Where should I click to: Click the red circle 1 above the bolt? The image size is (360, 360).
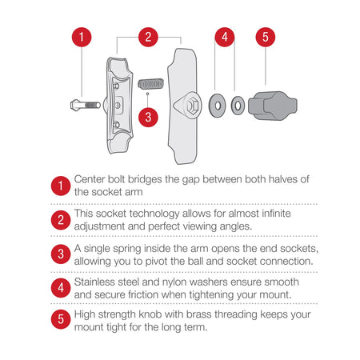(82, 37)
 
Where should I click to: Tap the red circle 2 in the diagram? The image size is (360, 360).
(148, 37)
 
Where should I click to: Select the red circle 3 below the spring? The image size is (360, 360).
(148, 117)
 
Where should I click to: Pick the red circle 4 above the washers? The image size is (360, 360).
(225, 37)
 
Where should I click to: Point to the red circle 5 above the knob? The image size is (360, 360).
(266, 37)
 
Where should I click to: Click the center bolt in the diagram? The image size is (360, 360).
(86, 105)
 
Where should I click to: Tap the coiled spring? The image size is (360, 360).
(150, 84)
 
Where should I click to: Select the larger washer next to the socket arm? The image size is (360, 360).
(217, 106)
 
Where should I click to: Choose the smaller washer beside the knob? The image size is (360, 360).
(238, 106)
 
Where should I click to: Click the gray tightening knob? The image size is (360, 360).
(273, 106)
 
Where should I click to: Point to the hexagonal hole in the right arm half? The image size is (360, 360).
(193, 106)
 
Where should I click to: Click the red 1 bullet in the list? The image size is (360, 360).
(61, 186)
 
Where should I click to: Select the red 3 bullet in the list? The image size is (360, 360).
(61, 254)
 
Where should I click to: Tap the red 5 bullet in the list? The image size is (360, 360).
(61, 319)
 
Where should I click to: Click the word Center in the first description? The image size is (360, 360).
(90, 179)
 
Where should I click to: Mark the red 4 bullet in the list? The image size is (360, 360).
(61, 288)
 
